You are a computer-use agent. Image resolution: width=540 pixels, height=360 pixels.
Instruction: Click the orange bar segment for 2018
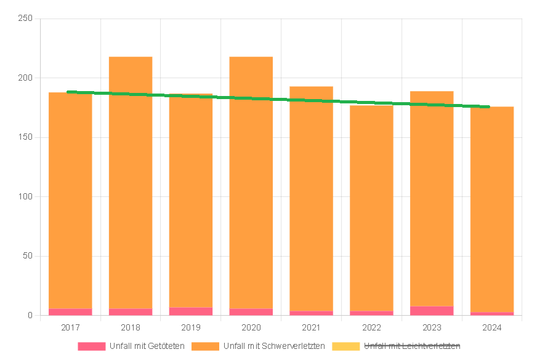point(131,185)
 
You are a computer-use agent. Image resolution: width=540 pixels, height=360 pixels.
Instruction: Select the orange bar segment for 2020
point(251,185)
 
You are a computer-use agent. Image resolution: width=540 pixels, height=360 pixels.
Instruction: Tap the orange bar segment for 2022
point(371,209)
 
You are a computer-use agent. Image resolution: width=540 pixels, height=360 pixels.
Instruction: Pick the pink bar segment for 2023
point(432,311)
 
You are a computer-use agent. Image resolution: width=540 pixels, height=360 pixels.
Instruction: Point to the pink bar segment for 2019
point(191,311)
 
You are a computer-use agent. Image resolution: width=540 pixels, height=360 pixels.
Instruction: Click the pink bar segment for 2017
point(70,312)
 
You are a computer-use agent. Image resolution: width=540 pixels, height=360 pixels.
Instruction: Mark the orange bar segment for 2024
point(492,209)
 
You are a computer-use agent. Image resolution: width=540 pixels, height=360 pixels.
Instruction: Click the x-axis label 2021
point(312,327)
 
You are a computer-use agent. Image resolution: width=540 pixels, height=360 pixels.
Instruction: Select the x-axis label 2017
point(70,327)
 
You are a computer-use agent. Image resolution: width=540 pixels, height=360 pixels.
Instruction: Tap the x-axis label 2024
point(492,327)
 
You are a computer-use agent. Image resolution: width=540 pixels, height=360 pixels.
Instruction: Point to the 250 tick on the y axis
point(25,18)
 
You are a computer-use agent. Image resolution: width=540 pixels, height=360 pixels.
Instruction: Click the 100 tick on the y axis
point(25,197)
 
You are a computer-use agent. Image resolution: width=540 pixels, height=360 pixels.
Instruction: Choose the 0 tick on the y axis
point(30,316)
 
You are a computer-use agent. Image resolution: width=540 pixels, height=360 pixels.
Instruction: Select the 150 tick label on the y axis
point(25,137)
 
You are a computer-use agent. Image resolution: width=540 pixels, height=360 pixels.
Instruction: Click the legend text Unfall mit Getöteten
point(147,346)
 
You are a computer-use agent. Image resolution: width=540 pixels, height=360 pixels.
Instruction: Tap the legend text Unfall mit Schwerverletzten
point(274,346)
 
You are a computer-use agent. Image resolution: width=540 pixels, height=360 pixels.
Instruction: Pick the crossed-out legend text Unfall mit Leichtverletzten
point(412,346)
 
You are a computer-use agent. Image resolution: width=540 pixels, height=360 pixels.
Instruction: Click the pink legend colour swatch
point(91,346)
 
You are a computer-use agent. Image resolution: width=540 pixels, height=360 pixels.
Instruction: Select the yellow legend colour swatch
point(345,346)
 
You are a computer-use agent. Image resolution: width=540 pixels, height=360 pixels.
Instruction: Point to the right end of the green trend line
point(488,106)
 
